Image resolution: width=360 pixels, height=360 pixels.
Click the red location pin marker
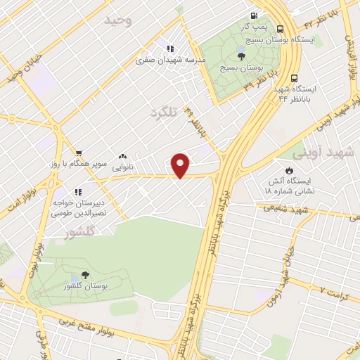tap(181, 165)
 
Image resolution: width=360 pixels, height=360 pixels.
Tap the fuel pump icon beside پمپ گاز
tap(254, 15)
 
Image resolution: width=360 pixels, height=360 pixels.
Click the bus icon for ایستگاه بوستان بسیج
tap(281, 29)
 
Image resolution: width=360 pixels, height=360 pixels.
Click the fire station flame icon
tap(289, 170)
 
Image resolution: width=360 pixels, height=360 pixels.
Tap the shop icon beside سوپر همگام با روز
tap(79, 152)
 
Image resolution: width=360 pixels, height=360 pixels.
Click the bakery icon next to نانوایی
tap(123, 157)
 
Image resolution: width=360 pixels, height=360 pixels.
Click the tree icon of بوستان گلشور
tap(86, 275)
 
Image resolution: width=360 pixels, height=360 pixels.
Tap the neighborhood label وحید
tap(117, 21)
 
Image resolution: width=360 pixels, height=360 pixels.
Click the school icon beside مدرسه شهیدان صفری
tap(170, 49)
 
